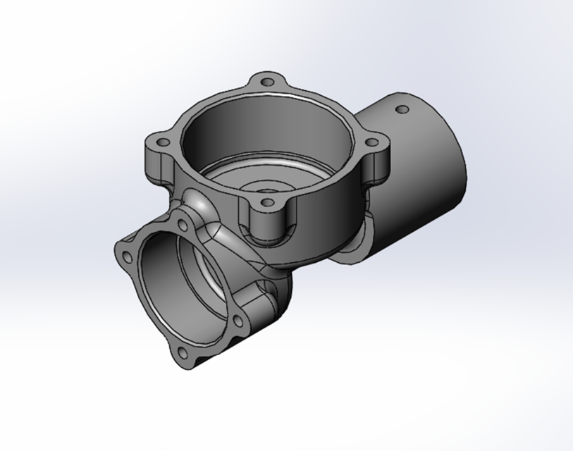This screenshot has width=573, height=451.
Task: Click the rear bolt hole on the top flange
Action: (x=268, y=82)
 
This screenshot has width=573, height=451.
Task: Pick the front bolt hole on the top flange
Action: (x=266, y=203)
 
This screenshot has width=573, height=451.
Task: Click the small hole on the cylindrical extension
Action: (x=402, y=110)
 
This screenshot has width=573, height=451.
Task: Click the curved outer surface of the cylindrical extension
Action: (x=423, y=183)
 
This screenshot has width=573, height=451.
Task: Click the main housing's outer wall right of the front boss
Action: (x=324, y=225)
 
